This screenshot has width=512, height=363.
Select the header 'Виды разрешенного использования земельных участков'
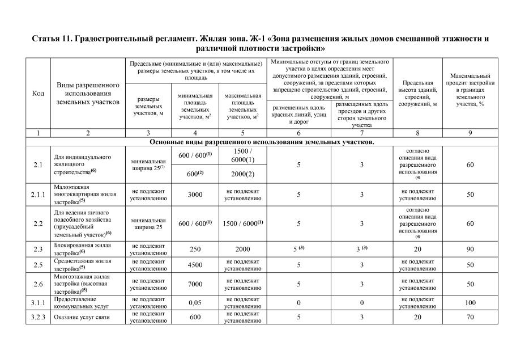[x=88, y=93]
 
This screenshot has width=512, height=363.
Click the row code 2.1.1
[x=37, y=195]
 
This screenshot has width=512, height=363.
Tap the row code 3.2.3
[x=37, y=318]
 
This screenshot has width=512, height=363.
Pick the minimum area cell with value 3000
[x=195, y=195]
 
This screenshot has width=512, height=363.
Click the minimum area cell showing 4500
[x=195, y=265]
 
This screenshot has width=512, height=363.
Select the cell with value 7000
[x=195, y=284]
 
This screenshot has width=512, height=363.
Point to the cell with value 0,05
[x=195, y=303]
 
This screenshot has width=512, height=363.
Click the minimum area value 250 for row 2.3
[x=195, y=249]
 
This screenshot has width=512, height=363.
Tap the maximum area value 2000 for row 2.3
[x=242, y=249]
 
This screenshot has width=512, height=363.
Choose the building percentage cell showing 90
[x=470, y=249]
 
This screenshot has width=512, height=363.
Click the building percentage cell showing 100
[x=470, y=303]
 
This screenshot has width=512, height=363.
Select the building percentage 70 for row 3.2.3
[x=470, y=318]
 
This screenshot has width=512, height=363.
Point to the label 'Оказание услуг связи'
[x=81, y=318]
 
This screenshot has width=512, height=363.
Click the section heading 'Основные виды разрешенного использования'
[x=261, y=142]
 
